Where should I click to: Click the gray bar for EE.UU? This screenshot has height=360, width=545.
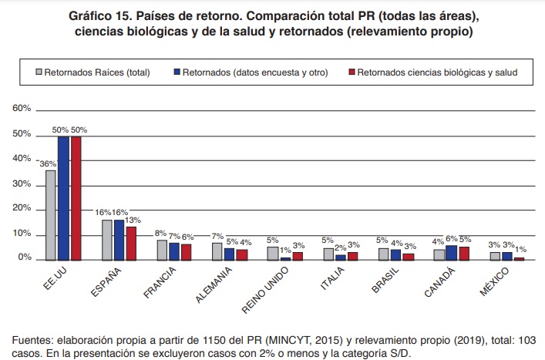click(50, 215)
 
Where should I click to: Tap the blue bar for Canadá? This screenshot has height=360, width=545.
click(451, 253)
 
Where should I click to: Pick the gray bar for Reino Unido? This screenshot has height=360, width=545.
click(273, 254)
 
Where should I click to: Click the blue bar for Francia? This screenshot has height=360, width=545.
click(175, 252)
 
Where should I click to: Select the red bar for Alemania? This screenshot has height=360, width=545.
click(242, 255)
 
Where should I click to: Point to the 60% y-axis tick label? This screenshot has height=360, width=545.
click(22, 109)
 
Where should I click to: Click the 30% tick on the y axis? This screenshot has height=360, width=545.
click(22, 183)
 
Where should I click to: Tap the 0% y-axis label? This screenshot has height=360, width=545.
click(24, 258)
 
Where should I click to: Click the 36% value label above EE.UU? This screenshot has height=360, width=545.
click(47, 163)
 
